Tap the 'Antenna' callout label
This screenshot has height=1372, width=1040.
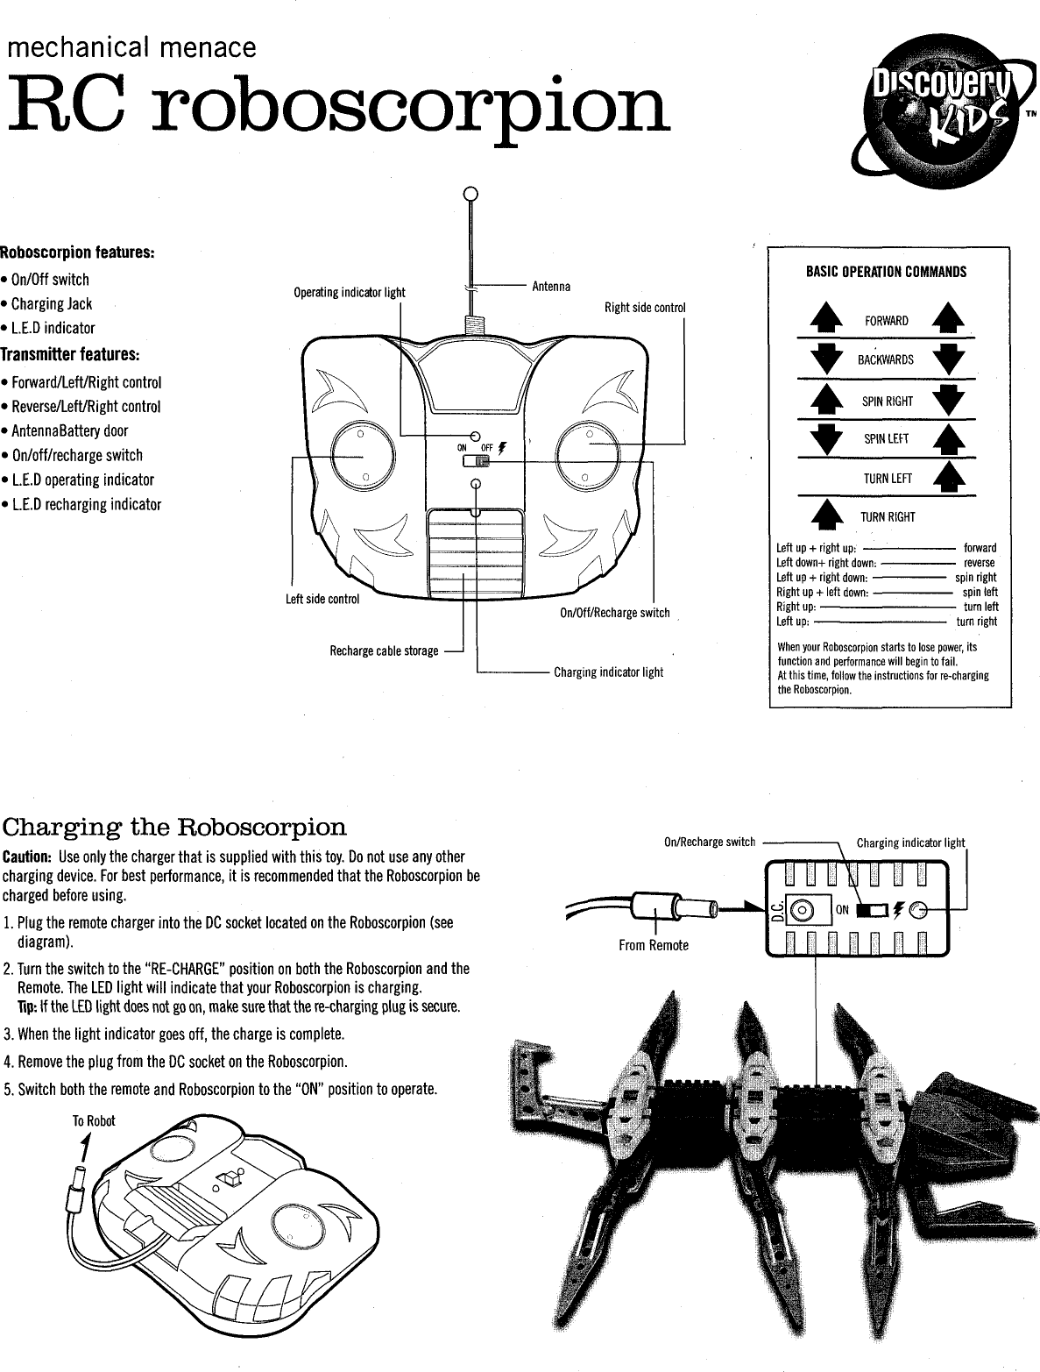pyautogui.click(x=551, y=287)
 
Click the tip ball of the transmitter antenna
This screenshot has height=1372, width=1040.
pyautogui.click(x=470, y=194)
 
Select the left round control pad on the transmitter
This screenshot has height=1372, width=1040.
pyautogui.click(x=359, y=453)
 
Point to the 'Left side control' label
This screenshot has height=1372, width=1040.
pyautogui.click(x=322, y=600)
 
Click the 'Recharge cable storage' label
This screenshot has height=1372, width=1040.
pyautogui.click(x=384, y=650)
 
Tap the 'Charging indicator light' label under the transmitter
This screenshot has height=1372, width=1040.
pyautogui.click(x=608, y=672)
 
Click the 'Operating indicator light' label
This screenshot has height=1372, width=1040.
pyautogui.click(x=350, y=292)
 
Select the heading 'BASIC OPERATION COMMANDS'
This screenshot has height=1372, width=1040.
pyautogui.click(x=886, y=272)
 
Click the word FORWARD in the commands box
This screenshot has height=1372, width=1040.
pyautogui.click(x=886, y=321)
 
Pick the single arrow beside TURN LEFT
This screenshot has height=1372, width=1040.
pyautogui.click(x=950, y=478)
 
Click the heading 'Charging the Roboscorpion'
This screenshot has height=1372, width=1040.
pyautogui.click(x=175, y=828)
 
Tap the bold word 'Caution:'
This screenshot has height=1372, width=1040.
pyautogui.click(x=28, y=856)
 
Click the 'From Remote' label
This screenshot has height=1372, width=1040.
pyautogui.click(x=654, y=945)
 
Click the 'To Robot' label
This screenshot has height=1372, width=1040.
pyautogui.click(x=94, y=1121)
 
